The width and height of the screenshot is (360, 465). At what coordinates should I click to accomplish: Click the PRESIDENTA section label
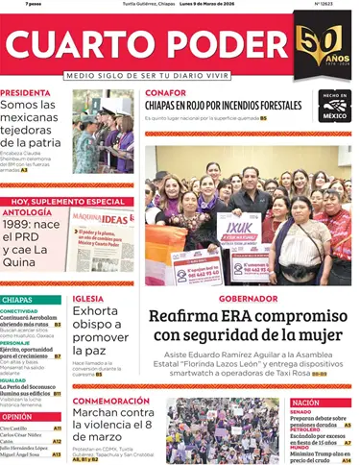pyautogui.click(x=26, y=93)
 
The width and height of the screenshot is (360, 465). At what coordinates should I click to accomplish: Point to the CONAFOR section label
pyautogui.click(x=166, y=93)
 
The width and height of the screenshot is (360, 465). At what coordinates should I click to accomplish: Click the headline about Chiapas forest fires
pyautogui.click(x=237, y=106)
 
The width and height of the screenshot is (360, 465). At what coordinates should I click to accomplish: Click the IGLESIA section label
pyautogui.click(x=88, y=298)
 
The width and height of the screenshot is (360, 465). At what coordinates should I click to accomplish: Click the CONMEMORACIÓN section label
pyautogui.click(x=111, y=401)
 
